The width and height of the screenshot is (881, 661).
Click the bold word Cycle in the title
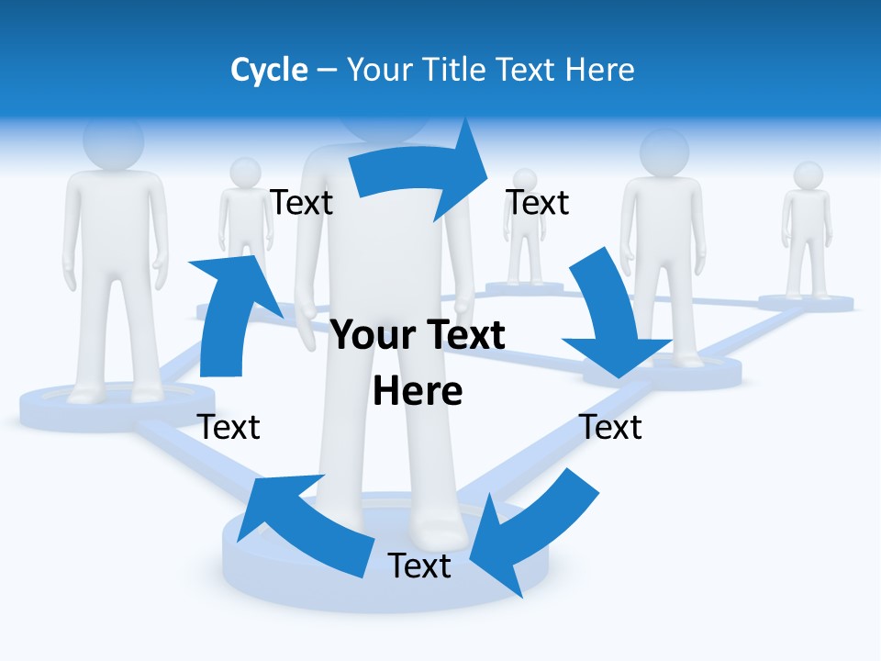(x=269, y=70)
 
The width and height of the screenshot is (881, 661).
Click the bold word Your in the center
(x=372, y=335)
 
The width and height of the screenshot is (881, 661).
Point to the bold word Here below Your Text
(x=418, y=391)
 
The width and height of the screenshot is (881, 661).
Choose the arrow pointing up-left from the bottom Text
(x=303, y=523)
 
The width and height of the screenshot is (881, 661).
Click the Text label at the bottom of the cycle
(x=419, y=566)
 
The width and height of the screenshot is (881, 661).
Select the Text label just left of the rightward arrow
(x=301, y=202)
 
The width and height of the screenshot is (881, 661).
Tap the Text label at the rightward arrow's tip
(x=538, y=202)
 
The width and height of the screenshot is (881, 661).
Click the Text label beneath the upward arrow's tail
(x=229, y=427)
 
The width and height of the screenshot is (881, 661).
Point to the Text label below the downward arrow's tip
(x=611, y=427)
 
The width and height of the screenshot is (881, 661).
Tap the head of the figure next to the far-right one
(x=664, y=151)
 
